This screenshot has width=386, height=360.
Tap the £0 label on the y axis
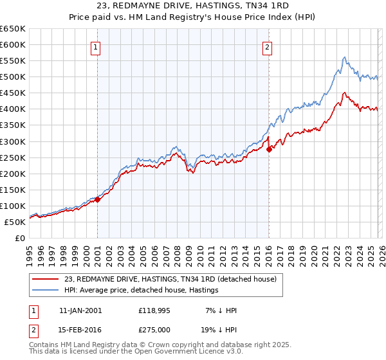tap(20, 238)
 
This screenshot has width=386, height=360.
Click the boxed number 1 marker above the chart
tap(96, 46)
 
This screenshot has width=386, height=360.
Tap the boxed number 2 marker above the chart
tap(267, 46)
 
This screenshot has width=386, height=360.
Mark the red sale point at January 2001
tap(98, 199)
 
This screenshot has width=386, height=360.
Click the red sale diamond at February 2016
tap(269, 149)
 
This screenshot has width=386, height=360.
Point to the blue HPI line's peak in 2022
tap(345, 57)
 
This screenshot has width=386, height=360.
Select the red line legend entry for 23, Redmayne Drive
tap(170, 279)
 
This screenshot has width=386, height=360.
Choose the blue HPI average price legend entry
tap(141, 291)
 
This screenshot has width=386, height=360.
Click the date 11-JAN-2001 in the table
tap(80, 310)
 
